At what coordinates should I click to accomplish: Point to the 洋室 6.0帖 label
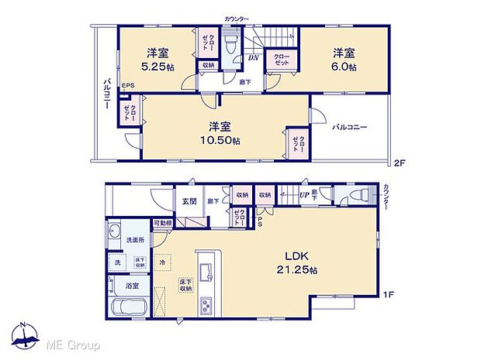[345, 60]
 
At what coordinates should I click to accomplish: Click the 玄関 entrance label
[189, 202]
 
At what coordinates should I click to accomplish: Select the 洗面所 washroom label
[136, 240]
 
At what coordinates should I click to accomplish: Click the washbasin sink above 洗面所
[114, 230]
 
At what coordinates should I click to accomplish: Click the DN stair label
[253, 57]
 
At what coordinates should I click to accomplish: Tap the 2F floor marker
[400, 163]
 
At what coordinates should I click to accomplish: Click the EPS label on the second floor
[128, 85]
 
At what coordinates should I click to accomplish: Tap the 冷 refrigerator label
[163, 263]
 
